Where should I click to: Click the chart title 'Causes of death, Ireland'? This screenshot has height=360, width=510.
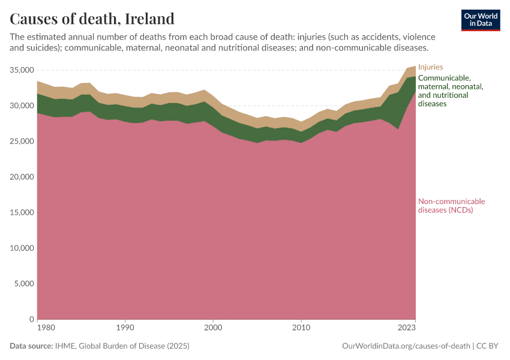(x=92, y=19)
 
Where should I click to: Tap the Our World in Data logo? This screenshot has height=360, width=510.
(x=480, y=20)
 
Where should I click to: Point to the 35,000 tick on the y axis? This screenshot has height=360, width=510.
(x=22, y=70)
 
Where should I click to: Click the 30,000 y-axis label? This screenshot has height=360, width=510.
(x=22, y=106)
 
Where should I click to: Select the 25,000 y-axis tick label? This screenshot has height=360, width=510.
(x=22, y=142)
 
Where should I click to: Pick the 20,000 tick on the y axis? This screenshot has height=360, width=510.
(x=22, y=177)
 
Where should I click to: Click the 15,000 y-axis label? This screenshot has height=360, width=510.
(x=22, y=212)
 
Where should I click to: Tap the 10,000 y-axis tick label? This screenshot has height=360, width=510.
(x=22, y=248)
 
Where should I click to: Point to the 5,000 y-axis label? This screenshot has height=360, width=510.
(x=24, y=284)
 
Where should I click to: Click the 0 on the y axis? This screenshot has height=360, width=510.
(x=32, y=319)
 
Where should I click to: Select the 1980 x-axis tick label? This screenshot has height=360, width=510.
(x=38, y=328)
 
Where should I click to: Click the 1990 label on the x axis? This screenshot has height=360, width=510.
(x=125, y=328)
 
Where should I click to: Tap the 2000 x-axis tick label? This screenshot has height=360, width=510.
(x=213, y=328)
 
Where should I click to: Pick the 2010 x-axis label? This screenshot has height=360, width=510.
(x=301, y=328)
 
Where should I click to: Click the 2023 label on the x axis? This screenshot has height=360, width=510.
(x=407, y=328)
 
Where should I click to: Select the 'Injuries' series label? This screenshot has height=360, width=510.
(x=430, y=67)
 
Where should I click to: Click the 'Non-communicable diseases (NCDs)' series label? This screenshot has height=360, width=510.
(x=451, y=206)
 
